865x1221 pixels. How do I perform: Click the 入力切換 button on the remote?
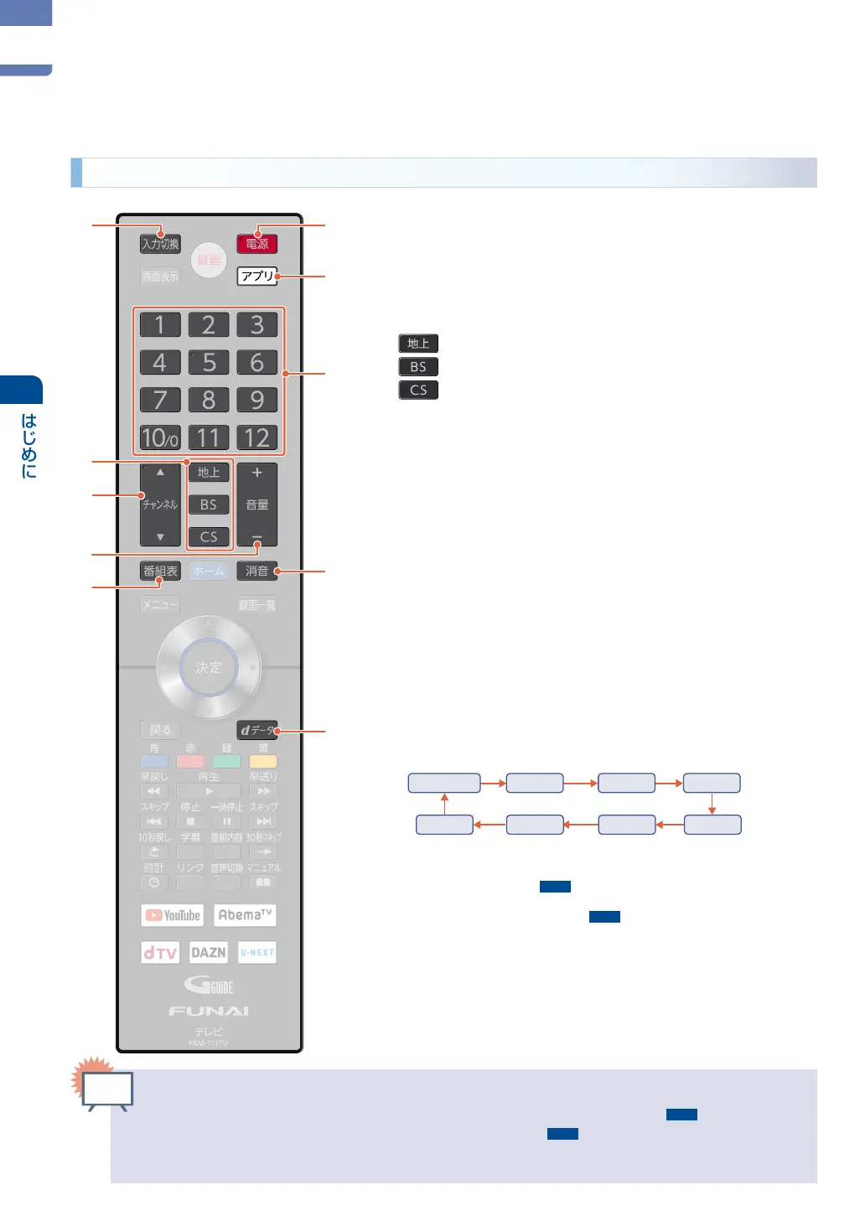click(160, 244)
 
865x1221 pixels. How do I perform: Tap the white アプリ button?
click(256, 276)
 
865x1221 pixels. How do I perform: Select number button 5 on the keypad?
click(209, 362)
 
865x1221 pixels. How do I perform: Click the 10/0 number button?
click(160, 437)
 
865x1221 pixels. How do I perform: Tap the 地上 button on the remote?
click(209, 473)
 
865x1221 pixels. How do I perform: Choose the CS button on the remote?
click(209, 536)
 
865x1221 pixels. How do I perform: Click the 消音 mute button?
click(256, 571)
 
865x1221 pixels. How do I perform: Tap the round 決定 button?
click(209, 668)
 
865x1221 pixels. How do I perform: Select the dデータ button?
click(256, 730)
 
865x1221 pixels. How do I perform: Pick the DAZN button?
click(209, 952)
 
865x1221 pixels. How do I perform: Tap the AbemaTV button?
click(245, 915)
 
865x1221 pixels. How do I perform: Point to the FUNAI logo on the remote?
click(209, 1011)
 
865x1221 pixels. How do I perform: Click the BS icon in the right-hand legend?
click(418, 367)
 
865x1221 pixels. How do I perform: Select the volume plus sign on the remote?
click(256, 473)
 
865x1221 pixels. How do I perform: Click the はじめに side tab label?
click(28, 445)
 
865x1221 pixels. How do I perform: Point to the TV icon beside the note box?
click(108, 1090)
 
